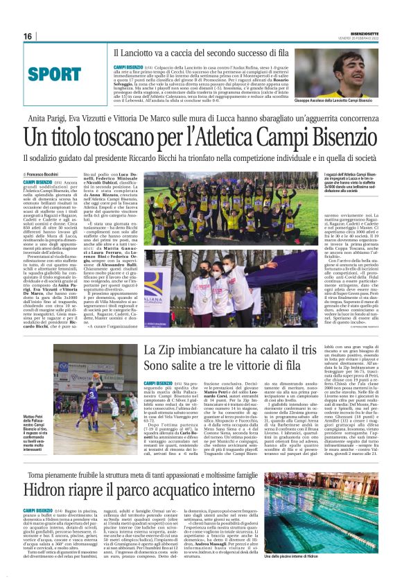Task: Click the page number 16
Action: pyautogui.click(x=28, y=36)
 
